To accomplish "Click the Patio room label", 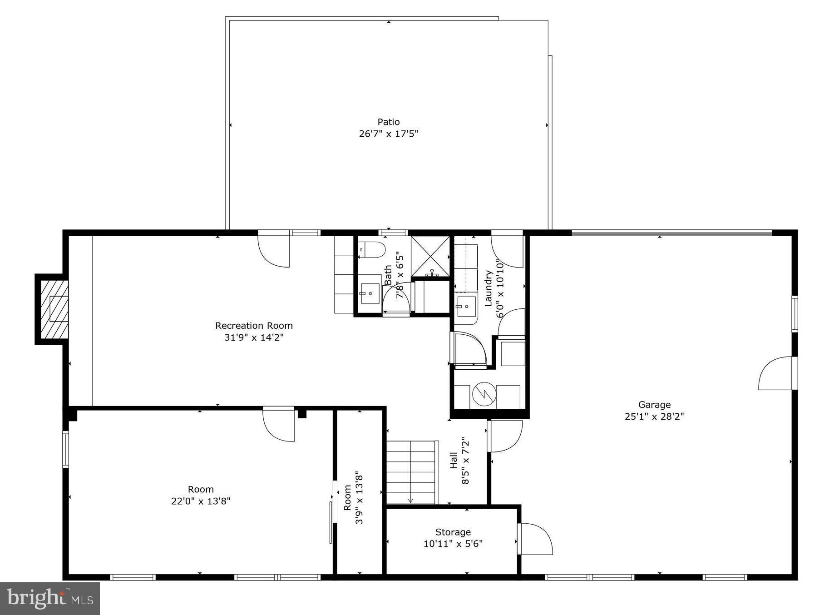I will tap(389, 122).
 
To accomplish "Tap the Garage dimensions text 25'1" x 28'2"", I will tap(654, 417).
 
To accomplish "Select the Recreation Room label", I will tap(254, 326).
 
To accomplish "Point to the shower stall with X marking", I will tap(430, 256).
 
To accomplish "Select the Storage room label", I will tap(453, 532).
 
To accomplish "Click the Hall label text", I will tap(454, 460).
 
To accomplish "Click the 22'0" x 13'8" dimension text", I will tap(201, 501).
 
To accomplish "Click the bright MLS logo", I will tap(50, 598).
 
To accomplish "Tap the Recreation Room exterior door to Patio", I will tap(274, 250).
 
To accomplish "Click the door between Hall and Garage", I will tap(505, 436).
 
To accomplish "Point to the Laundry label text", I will tap(489, 289).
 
